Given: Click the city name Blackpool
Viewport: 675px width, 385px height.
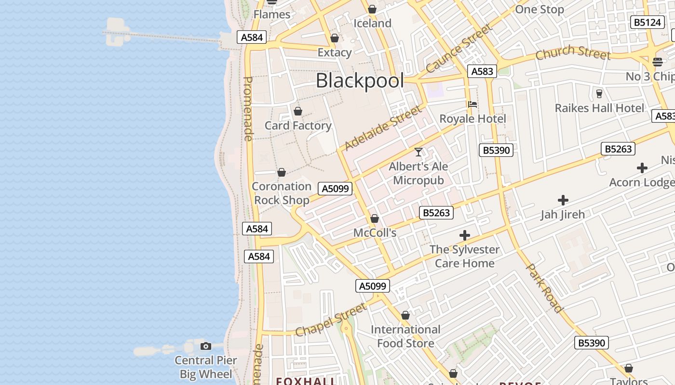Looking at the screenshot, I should [360, 80].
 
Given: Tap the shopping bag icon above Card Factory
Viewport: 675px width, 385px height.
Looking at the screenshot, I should [298, 112].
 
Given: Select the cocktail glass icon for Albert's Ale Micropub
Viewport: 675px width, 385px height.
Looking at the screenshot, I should [418, 152].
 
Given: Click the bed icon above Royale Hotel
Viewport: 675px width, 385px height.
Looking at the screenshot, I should [472, 104].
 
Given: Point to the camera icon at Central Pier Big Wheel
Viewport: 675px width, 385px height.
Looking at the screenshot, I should [206, 346].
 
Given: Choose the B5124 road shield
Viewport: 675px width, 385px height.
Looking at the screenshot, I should [647, 22].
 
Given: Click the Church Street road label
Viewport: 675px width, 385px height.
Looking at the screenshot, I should [573, 52].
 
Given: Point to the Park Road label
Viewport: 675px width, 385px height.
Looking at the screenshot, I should [544, 288].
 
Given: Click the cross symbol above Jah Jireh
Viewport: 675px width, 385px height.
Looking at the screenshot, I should [563, 200].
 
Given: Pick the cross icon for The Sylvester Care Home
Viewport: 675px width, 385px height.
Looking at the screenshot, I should [465, 235].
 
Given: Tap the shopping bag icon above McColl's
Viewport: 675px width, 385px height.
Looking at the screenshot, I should [375, 219].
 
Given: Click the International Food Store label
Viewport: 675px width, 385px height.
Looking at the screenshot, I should [405, 336].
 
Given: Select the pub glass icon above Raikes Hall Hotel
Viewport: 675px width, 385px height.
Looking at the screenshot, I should [599, 93].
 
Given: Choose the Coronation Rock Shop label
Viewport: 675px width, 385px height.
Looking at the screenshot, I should [282, 193].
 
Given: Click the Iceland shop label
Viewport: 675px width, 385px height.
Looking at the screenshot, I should [372, 23].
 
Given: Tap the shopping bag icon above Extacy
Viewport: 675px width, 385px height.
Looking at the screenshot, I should [335, 38].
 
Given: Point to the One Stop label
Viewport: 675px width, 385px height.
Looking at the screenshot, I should [540, 10].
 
